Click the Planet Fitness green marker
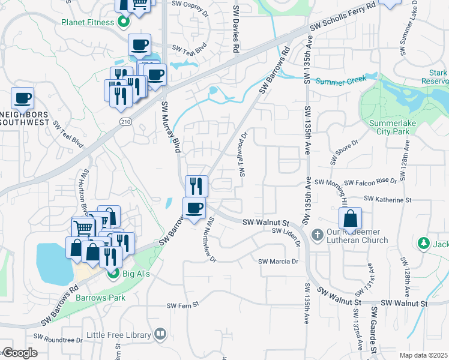(x=124, y=23)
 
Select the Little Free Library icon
(x=160, y=334)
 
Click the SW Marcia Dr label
(x=279, y=262)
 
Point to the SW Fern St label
(x=182, y=305)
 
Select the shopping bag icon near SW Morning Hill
(x=351, y=218)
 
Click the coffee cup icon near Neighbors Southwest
(x=22, y=98)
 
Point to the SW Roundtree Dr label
(x=58, y=340)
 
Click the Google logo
(x=19, y=353)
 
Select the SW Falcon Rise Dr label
(x=355, y=182)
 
